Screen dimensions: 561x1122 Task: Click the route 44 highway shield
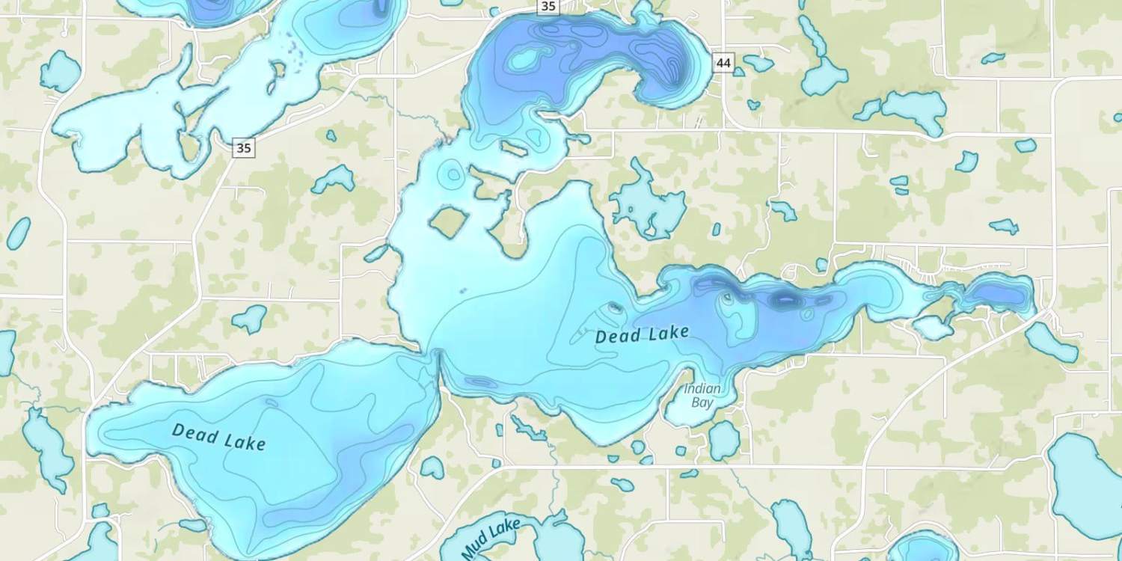point(723,64)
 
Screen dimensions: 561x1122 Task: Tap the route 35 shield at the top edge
point(548,7)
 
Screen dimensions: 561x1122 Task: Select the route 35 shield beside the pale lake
point(243,148)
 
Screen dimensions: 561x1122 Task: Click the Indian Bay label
point(702,396)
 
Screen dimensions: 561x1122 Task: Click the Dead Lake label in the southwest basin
point(218,437)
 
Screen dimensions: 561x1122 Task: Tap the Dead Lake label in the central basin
point(641,334)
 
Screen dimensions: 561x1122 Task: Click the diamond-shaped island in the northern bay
point(448,221)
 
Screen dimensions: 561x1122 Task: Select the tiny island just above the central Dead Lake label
point(614,307)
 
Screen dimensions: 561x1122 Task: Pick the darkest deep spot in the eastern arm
point(785,299)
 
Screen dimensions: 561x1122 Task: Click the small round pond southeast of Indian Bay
point(724,441)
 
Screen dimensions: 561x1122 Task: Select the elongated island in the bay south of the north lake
point(513,149)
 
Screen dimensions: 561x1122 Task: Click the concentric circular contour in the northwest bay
point(452,174)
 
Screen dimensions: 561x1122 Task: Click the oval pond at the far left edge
point(18,233)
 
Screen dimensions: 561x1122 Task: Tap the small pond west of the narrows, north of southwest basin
point(250,319)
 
